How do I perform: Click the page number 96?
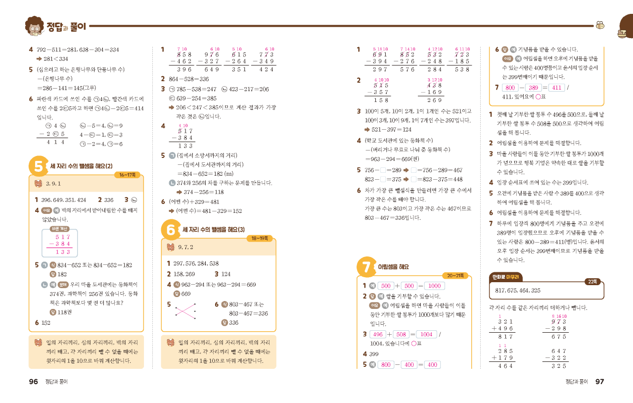click(x=33, y=382)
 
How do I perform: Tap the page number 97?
click(x=599, y=382)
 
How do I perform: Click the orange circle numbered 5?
click(x=38, y=166)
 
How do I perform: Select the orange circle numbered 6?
click(x=171, y=230)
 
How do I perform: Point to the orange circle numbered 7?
click(x=365, y=267)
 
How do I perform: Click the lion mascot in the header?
click(x=34, y=27)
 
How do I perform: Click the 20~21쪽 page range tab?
click(x=455, y=275)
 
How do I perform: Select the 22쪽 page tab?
click(x=591, y=282)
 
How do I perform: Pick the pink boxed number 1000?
click(x=434, y=286)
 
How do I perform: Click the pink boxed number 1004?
click(x=426, y=334)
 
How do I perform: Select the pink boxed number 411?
click(x=556, y=88)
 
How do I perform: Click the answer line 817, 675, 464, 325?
click(x=518, y=290)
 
